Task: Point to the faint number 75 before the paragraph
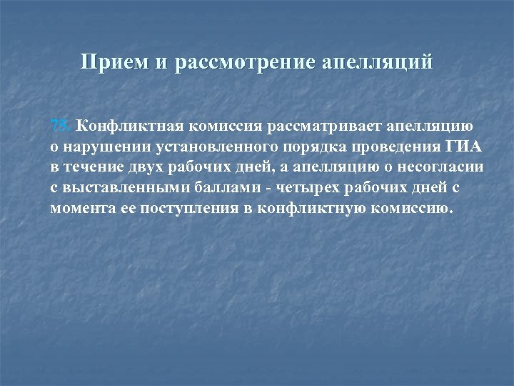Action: (61, 127)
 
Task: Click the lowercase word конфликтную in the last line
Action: (307, 208)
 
